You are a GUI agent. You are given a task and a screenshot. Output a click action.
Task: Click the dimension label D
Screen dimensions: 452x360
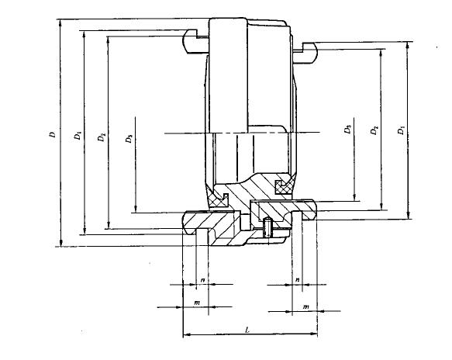coord(52,134)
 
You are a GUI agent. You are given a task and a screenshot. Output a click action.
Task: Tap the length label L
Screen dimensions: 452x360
coord(247,330)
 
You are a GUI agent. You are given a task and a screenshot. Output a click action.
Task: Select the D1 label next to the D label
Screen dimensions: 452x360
coord(78,135)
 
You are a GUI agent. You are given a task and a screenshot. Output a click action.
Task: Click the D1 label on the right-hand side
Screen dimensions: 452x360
coord(401,130)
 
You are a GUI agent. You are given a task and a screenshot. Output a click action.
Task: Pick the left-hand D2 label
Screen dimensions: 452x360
coord(102,137)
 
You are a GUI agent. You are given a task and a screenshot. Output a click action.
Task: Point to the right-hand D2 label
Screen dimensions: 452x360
coord(374,130)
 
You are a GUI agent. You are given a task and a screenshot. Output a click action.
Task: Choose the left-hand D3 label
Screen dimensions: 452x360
coord(129,138)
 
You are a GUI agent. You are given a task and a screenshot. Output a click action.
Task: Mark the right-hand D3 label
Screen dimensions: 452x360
coord(347,130)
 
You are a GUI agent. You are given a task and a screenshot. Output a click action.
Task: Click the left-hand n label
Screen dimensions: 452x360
coord(203,280)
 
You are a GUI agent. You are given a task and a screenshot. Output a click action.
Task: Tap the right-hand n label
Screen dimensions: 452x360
coord(298,279)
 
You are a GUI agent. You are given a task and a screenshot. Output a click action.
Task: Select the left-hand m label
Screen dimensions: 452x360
coord(197,303)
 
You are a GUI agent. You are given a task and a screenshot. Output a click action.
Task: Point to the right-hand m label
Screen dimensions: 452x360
coord(305,306)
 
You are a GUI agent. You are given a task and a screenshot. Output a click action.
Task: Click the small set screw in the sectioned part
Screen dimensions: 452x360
coord(268,227)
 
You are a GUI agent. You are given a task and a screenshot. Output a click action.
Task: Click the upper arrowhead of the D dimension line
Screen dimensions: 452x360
coord(60,22)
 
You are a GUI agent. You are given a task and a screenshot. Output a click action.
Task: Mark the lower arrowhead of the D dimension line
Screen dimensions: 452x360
coord(60,243)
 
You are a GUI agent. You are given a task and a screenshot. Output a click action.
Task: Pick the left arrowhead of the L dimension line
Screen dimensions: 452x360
coord(187,334)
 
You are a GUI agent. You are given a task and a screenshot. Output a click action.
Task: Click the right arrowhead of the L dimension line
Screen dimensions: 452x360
coord(313,334)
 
